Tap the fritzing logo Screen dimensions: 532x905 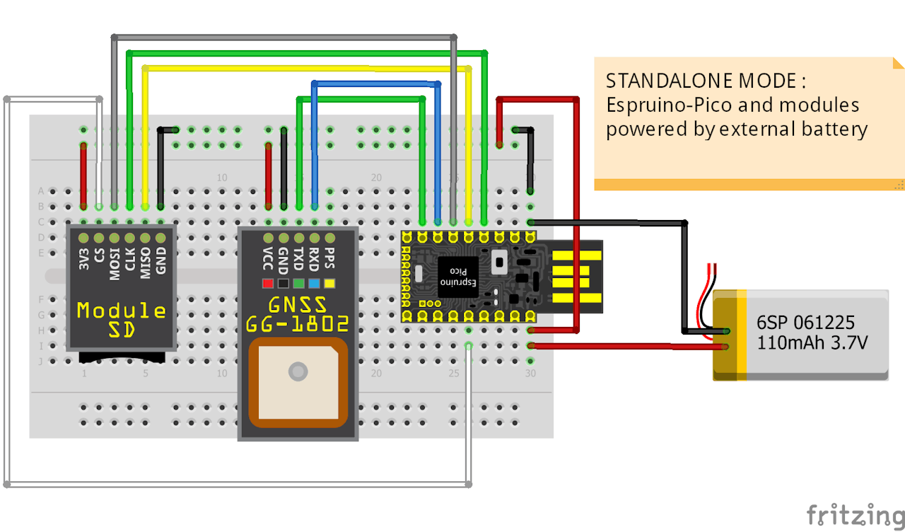(x=855, y=514)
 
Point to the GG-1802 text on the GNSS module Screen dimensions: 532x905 (x=298, y=324)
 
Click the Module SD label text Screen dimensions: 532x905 (x=122, y=319)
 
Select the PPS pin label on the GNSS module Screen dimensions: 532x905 (x=329, y=258)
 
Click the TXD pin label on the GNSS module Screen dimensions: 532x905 (x=298, y=258)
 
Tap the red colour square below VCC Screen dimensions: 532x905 (x=268, y=284)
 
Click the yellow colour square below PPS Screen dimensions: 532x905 (x=329, y=284)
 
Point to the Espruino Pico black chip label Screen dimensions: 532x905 (x=457, y=277)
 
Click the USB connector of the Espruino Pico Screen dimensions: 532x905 (x=576, y=276)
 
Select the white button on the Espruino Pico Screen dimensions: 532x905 (x=499, y=263)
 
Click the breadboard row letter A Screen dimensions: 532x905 (x=41, y=191)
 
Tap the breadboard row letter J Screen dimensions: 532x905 (x=41, y=362)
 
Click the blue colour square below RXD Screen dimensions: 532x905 (x=313, y=284)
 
